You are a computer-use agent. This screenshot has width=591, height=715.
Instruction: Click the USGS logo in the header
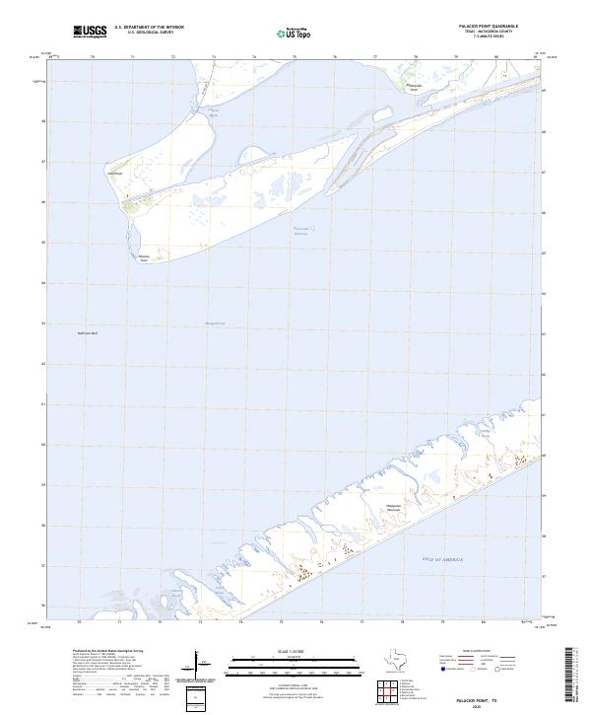(x=90, y=32)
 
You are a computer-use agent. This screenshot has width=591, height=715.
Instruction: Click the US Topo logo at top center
(x=296, y=33)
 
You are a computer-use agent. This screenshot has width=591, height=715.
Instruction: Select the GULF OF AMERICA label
(x=441, y=559)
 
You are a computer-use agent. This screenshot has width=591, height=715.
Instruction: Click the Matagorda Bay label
(x=214, y=322)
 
